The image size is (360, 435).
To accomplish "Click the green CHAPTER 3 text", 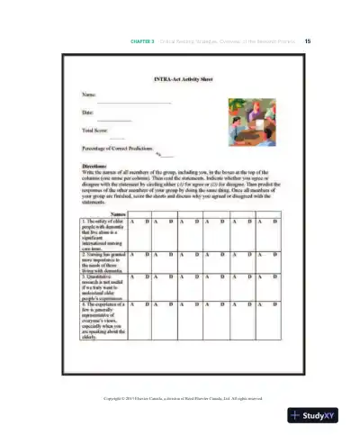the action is click(x=144, y=41).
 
